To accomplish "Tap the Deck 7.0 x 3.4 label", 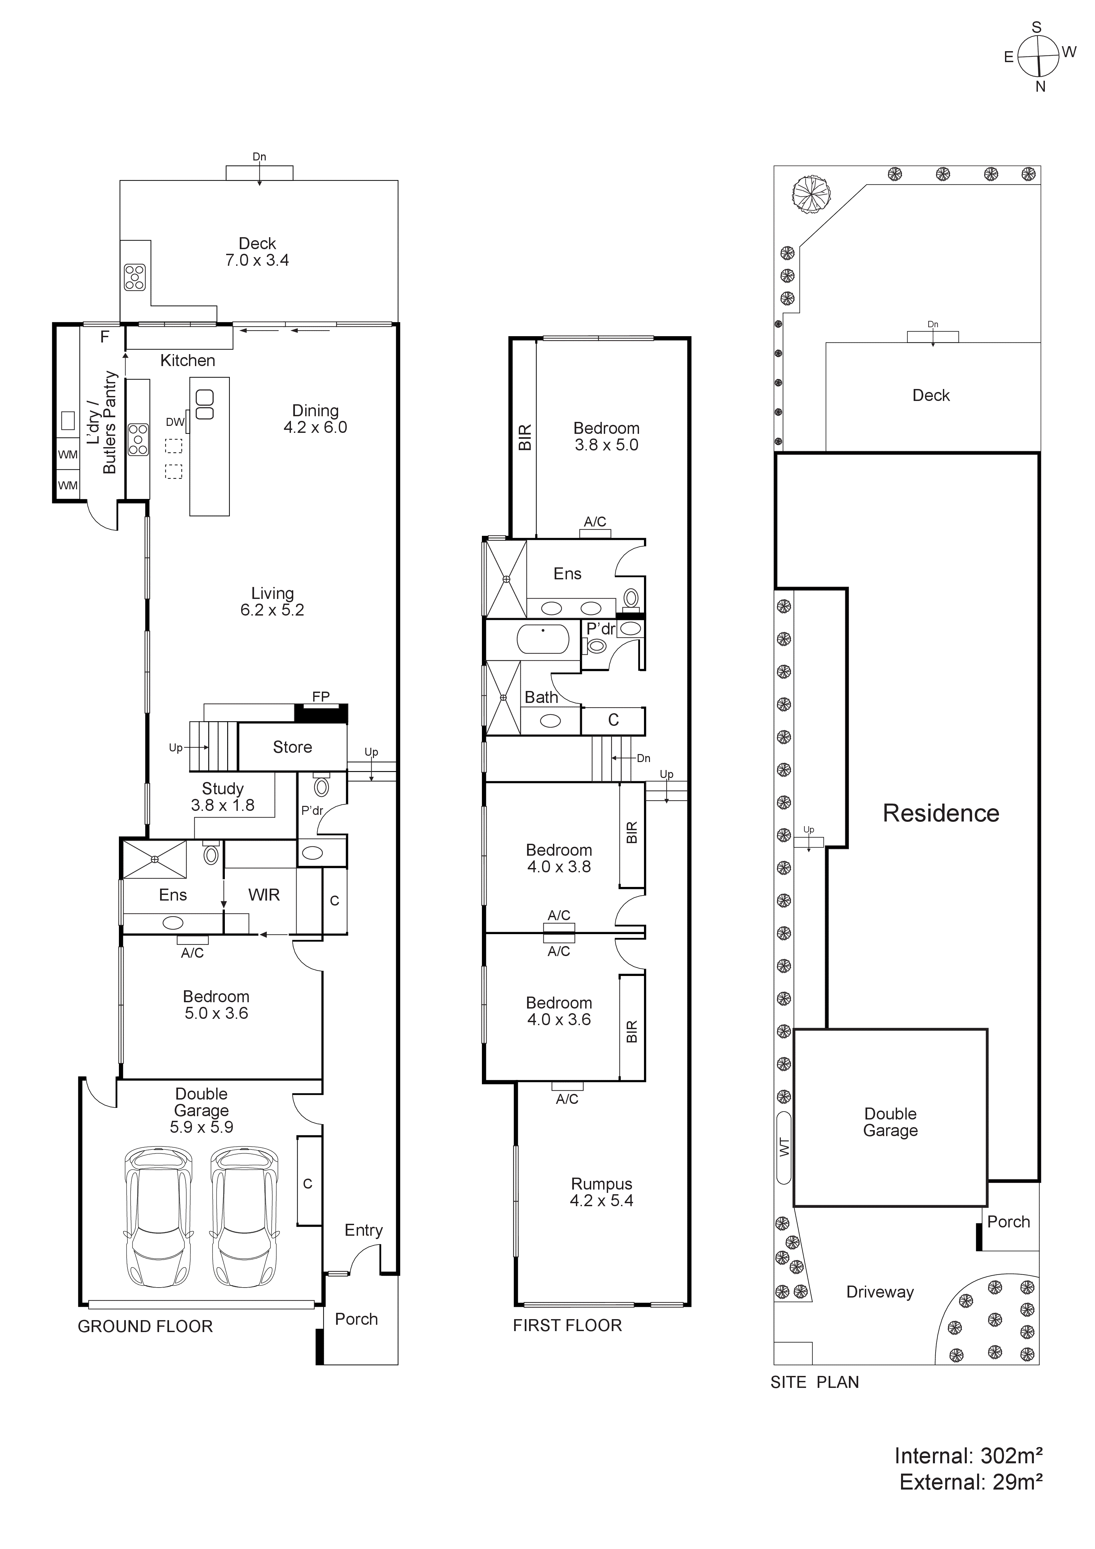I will click(x=257, y=252).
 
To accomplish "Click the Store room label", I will click(x=292, y=747).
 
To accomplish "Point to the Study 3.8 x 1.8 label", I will click(x=223, y=797).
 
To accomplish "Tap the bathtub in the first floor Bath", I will click(x=543, y=638).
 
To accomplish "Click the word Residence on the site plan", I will click(x=941, y=813).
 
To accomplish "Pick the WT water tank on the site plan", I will click(x=783, y=1146).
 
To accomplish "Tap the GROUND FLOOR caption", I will click(x=145, y=1326).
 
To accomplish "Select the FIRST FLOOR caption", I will click(x=567, y=1325).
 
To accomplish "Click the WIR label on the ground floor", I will click(x=264, y=895).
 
